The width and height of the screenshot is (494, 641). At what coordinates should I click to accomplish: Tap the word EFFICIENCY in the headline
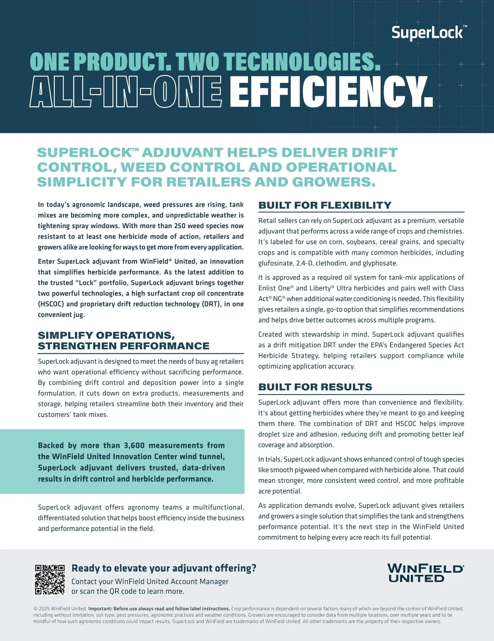click(331, 92)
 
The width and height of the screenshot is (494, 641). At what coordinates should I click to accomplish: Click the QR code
click(50, 580)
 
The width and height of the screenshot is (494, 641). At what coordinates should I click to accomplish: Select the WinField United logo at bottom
click(426, 573)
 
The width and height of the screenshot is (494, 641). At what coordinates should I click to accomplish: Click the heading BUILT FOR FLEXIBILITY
click(325, 205)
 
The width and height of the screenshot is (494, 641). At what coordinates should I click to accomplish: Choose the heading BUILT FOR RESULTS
click(315, 387)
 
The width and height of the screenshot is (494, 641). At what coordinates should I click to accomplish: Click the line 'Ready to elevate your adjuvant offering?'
click(164, 568)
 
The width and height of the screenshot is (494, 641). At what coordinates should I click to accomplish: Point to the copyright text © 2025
click(42, 608)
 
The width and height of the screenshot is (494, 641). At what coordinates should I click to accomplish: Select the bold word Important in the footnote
click(100, 608)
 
